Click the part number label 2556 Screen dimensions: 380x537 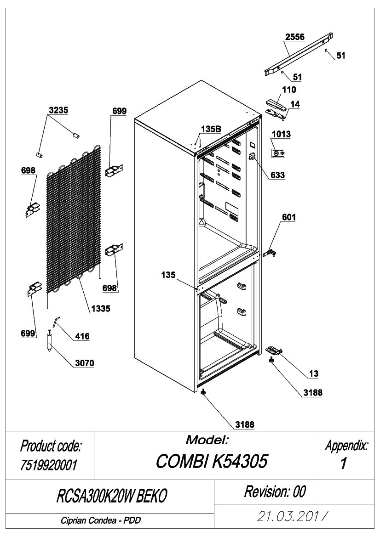(x=295, y=37)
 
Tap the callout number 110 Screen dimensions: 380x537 (x=289, y=90)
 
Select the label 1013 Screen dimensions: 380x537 (x=281, y=134)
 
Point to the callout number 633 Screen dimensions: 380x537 (x=278, y=175)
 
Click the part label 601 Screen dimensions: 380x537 (x=289, y=217)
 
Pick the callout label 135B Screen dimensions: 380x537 (x=211, y=129)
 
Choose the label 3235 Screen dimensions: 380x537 (x=58, y=110)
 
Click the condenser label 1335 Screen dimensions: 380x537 (x=101, y=309)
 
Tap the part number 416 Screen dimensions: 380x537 (x=82, y=336)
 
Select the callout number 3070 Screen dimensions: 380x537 (x=84, y=363)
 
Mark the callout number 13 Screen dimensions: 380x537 (x=313, y=373)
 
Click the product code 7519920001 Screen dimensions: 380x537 (x=49, y=465)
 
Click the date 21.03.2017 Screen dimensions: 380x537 (x=293, y=516)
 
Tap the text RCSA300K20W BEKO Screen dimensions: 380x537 (x=111, y=496)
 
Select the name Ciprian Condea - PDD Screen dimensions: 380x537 (x=101, y=520)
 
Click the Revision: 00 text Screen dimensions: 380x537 (x=275, y=492)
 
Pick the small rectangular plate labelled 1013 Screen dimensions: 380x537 (x=278, y=153)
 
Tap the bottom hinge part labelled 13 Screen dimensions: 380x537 (x=274, y=350)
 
